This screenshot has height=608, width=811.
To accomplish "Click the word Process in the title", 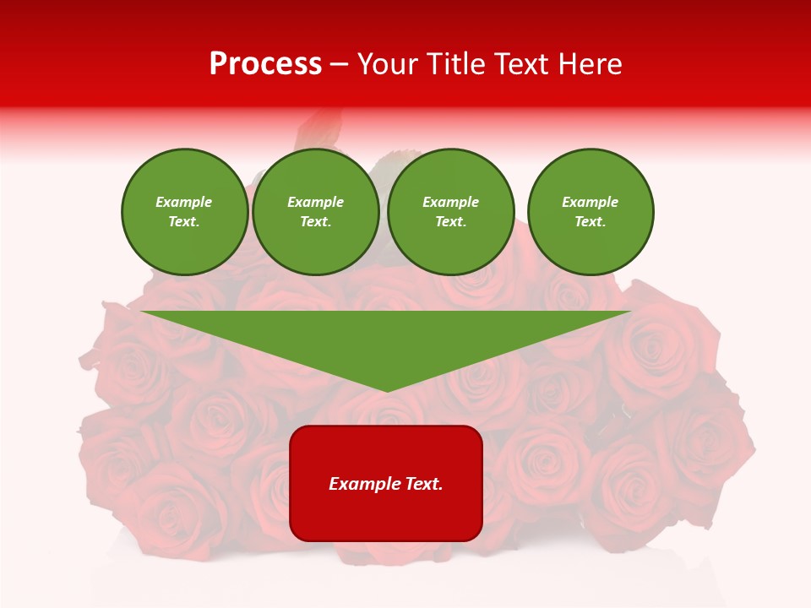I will pos(265,64).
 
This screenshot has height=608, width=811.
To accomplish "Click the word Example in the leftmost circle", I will pos(184,202).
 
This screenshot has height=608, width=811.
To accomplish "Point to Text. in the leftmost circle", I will pos(184,221).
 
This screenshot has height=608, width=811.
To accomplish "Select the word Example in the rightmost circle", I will pos(591,202).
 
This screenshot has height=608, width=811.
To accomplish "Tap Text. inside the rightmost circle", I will pos(591,221).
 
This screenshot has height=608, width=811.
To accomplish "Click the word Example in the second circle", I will pos(316,202).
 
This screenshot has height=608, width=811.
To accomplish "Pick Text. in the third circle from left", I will pos(450,221).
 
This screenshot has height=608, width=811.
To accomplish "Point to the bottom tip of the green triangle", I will pos(386,389).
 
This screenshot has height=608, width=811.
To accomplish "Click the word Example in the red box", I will pos(364,484).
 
